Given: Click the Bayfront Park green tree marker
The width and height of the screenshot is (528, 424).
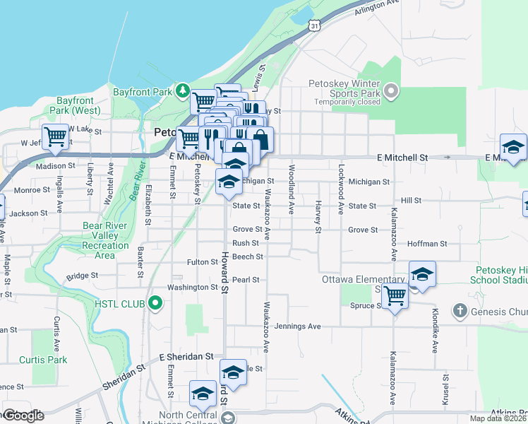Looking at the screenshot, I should click(x=183, y=91).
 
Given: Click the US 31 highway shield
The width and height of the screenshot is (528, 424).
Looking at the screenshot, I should click(x=313, y=25).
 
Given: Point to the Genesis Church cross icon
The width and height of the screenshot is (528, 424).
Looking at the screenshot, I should click(x=460, y=311).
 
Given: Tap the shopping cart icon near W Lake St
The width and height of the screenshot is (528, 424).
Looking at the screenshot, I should click(x=55, y=135).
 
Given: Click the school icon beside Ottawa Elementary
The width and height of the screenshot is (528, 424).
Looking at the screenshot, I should click(x=422, y=274).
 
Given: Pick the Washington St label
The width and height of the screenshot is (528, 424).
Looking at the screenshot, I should click(x=192, y=288).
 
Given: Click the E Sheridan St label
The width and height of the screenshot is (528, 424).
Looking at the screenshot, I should click(x=186, y=357).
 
